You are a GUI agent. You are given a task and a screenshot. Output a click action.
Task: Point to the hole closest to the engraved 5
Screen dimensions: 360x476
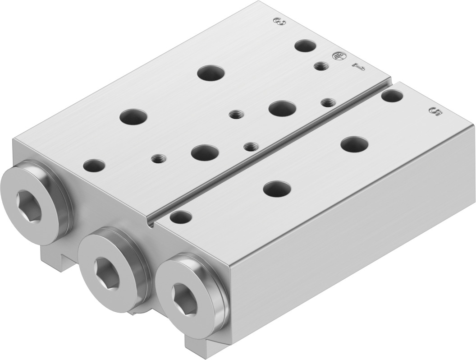click(x=392, y=96)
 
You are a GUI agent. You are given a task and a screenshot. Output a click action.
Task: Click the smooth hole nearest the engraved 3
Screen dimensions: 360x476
click(x=305, y=46)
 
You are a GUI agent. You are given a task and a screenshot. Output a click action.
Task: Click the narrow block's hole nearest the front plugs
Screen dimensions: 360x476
click(x=180, y=217)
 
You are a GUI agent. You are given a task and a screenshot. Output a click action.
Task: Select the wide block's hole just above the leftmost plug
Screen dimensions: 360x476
click(x=94, y=165)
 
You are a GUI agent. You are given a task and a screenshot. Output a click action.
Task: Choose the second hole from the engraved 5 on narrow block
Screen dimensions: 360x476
click(x=354, y=144)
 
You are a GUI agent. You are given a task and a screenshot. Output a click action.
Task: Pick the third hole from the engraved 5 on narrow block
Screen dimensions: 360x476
click(x=277, y=189)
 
